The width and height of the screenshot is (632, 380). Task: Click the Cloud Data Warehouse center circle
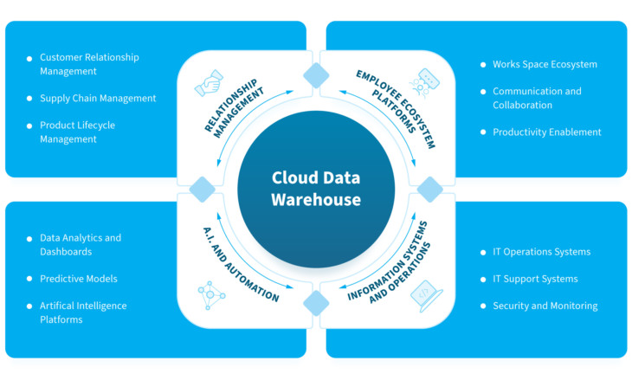coord(316,189)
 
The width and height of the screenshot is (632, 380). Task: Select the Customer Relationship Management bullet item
coord(89,64)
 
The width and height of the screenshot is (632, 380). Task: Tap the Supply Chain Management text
coord(98,98)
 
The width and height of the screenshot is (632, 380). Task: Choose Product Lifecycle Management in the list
coord(77,132)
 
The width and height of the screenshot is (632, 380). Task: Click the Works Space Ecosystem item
coord(545,64)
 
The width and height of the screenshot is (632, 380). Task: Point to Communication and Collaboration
coord(537,98)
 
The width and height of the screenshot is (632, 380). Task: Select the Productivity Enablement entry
coord(546,132)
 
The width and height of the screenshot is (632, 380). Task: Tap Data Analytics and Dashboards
coord(81,244)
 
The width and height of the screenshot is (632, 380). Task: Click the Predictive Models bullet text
coord(78,279)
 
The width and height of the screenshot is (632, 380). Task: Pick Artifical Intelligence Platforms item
coord(83,312)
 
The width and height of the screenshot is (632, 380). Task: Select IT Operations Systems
coord(541,252)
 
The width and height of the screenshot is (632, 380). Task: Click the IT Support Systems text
coord(535,279)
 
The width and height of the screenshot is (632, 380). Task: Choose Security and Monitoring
coord(545,306)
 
